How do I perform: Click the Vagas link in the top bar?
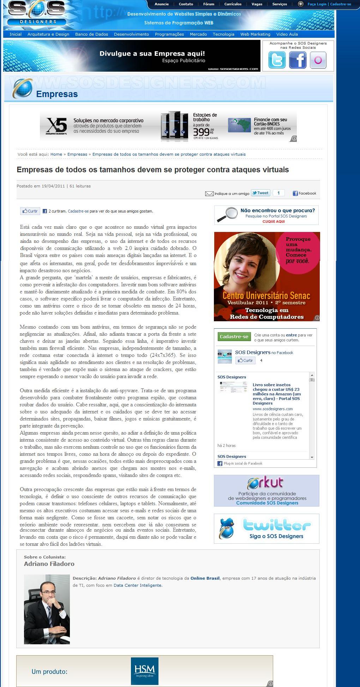tap(257, 4)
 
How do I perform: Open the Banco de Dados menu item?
tap(91, 34)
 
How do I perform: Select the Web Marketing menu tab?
tap(255, 34)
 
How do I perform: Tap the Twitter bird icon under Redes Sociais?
tap(277, 60)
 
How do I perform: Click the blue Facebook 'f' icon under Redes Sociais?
tap(298, 60)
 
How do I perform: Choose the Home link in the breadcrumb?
tap(56, 154)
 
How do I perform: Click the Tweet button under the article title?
tap(260, 193)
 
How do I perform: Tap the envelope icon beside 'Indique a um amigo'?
tap(209, 193)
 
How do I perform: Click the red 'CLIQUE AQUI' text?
tap(273, 221)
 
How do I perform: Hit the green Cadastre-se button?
tap(234, 336)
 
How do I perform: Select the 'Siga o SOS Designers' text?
tap(276, 536)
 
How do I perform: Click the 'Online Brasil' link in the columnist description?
tap(205, 578)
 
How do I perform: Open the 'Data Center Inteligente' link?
tap(137, 585)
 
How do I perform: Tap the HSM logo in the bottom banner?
tap(144, 671)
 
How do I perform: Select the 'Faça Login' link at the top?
tap(317, 4)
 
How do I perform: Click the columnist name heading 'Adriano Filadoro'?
tap(49, 564)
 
